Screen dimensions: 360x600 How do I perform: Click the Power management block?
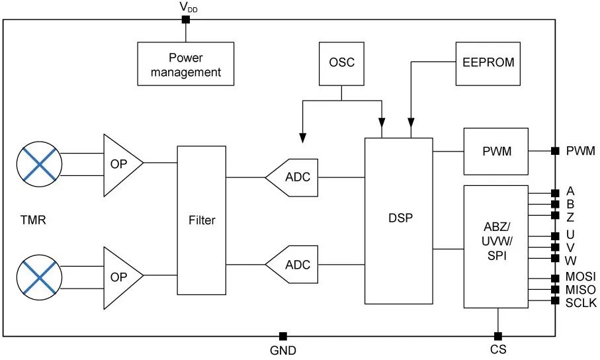(185, 64)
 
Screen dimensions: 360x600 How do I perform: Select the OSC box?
(341, 63)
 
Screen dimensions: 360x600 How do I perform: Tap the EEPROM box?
(488, 63)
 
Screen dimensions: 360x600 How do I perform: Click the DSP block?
(399, 221)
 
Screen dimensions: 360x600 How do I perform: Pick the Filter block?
(202, 220)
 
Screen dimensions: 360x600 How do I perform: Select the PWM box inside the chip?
(495, 152)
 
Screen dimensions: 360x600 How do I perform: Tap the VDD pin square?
(185, 20)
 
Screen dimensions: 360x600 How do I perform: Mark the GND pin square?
(282, 336)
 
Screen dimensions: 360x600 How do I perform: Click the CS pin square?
(497, 336)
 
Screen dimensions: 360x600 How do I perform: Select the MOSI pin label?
(581, 277)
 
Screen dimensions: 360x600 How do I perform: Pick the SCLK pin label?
(581, 302)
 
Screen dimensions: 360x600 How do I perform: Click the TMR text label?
(33, 220)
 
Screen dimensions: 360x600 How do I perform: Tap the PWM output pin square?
(554, 152)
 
